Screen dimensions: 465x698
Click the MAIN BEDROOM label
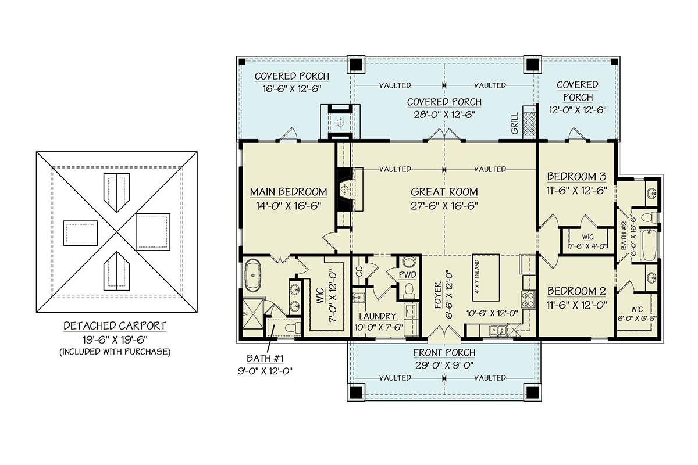(x=288, y=192)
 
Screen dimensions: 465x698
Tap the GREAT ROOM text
(x=444, y=192)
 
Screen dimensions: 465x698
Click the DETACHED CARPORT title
(x=115, y=326)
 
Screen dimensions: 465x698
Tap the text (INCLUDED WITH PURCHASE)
(x=115, y=352)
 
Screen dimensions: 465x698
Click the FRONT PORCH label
(x=444, y=353)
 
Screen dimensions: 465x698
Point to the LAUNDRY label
(x=378, y=317)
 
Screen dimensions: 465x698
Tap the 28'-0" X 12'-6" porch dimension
(x=444, y=115)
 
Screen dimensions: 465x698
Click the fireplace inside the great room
(x=347, y=191)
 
